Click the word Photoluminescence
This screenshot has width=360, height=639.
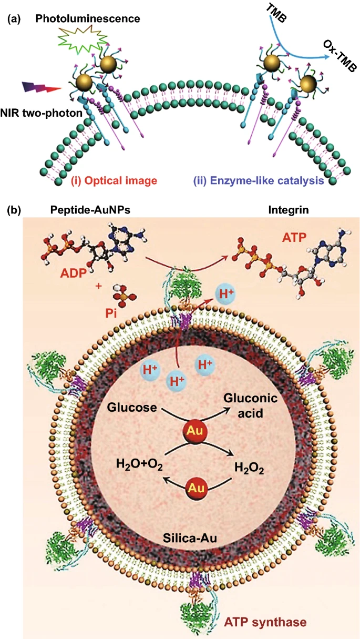click(88, 19)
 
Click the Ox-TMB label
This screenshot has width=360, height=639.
click(340, 55)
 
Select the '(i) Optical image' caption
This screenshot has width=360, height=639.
click(114, 180)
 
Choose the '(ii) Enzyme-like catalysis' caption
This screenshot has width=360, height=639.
click(259, 180)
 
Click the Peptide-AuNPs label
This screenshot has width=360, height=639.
click(90, 210)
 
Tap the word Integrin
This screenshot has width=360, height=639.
click(289, 210)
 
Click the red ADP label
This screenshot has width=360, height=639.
click(73, 273)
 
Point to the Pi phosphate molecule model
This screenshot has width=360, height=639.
click(124, 295)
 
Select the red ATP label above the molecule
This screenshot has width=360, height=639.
click(294, 237)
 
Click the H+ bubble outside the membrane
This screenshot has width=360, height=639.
click(225, 294)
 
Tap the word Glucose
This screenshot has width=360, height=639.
click(132, 408)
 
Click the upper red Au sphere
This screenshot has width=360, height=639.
click(195, 431)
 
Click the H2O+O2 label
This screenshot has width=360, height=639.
click(139, 464)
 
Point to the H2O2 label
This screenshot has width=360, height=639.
click(249, 468)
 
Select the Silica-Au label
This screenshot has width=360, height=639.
click(190, 538)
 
